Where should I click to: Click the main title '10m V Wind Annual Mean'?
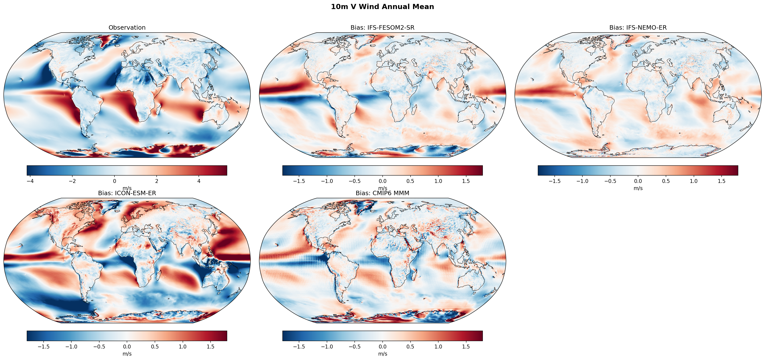[382, 7]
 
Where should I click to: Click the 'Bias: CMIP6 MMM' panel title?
[382, 193]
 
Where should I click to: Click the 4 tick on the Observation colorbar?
[199, 181]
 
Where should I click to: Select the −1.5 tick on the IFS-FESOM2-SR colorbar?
[299, 181]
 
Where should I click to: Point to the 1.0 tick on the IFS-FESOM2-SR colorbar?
[438, 181]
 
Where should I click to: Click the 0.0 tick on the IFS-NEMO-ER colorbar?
[638, 181]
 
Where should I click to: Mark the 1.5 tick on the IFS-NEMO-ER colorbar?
[721, 181]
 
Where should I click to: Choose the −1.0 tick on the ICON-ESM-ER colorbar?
[71, 347]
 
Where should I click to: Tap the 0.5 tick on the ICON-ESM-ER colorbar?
[155, 347]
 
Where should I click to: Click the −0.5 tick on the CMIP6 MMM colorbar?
[355, 347]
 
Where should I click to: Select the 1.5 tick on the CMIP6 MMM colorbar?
[466, 347]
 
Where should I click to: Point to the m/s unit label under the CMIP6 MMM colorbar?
[382, 354]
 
